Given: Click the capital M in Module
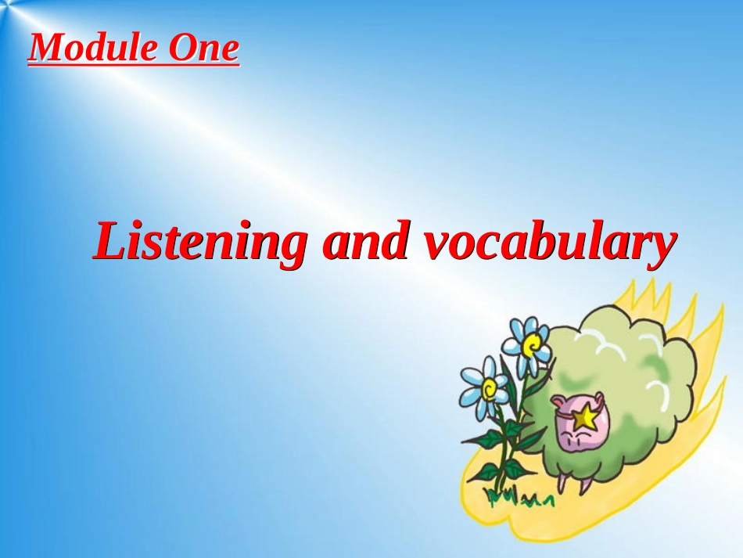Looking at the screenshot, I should coord(46,49).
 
